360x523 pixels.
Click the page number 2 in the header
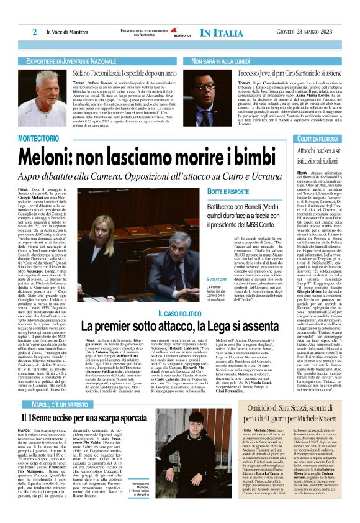34,32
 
